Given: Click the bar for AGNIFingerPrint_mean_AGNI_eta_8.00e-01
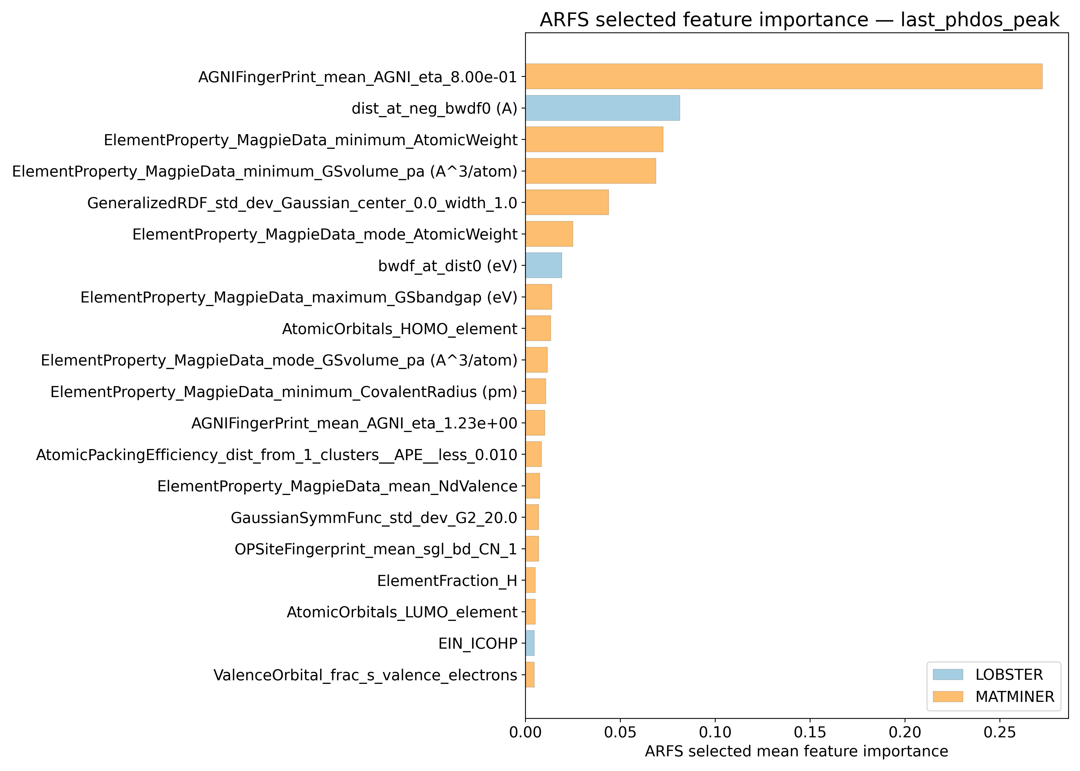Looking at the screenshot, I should click(x=784, y=76).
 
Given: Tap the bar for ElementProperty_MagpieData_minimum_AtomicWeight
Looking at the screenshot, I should click(x=594, y=140).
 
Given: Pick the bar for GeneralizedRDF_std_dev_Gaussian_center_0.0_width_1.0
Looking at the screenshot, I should click(x=566, y=202).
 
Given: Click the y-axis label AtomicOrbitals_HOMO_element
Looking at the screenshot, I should click(x=399, y=328).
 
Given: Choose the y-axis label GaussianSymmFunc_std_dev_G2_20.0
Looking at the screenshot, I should click(x=374, y=518).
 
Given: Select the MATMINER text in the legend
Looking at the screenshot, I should click(x=1014, y=696).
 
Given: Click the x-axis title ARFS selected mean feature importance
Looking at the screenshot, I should click(x=796, y=751).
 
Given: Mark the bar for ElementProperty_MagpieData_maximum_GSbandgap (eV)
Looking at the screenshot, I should click(x=538, y=297).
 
